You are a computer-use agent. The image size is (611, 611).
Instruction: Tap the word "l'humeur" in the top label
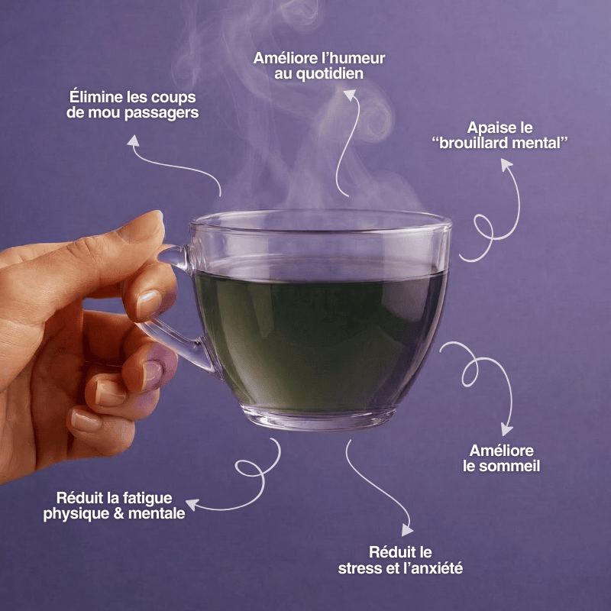(352, 58)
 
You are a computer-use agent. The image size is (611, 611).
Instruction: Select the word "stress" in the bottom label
(360, 568)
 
